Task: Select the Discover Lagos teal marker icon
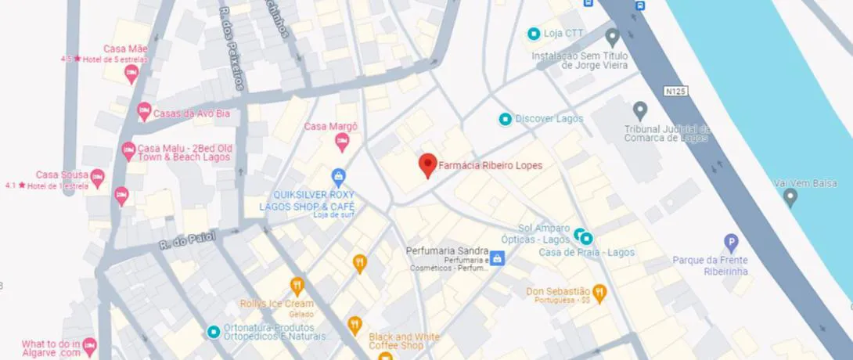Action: [x=506, y=119]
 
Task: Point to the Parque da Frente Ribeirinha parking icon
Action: [x=730, y=242]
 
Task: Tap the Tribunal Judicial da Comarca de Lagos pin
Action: [x=640, y=110]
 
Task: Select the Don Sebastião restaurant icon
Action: [x=599, y=293]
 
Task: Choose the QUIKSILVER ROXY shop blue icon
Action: [x=338, y=176]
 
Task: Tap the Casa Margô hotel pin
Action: [x=341, y=142]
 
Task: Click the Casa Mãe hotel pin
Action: [x=131, y=74]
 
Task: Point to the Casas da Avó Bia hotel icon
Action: [x=144, y=113]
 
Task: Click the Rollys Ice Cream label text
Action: [x=276, y=304]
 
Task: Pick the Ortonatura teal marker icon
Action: [x=213, y=332]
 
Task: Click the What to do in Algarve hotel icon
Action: [x=90, y=345]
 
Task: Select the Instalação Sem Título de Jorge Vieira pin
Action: [x=612, y=37]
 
